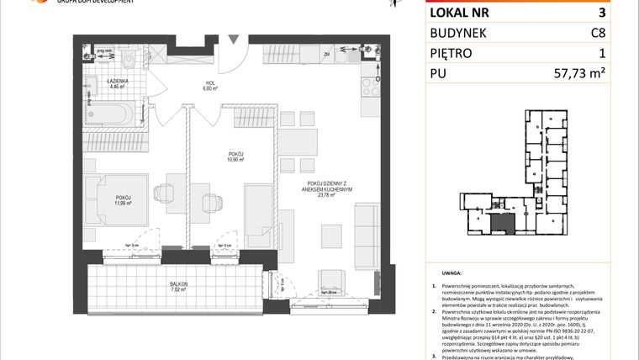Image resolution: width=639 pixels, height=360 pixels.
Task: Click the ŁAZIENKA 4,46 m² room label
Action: [x=116, y=82]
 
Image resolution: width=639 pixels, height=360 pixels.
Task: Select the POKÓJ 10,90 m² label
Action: [x=235, y=157]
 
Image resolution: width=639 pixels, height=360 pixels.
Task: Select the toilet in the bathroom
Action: [x=128, y=59]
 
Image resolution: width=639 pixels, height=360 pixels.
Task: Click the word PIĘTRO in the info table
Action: [x=452, y=54]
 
